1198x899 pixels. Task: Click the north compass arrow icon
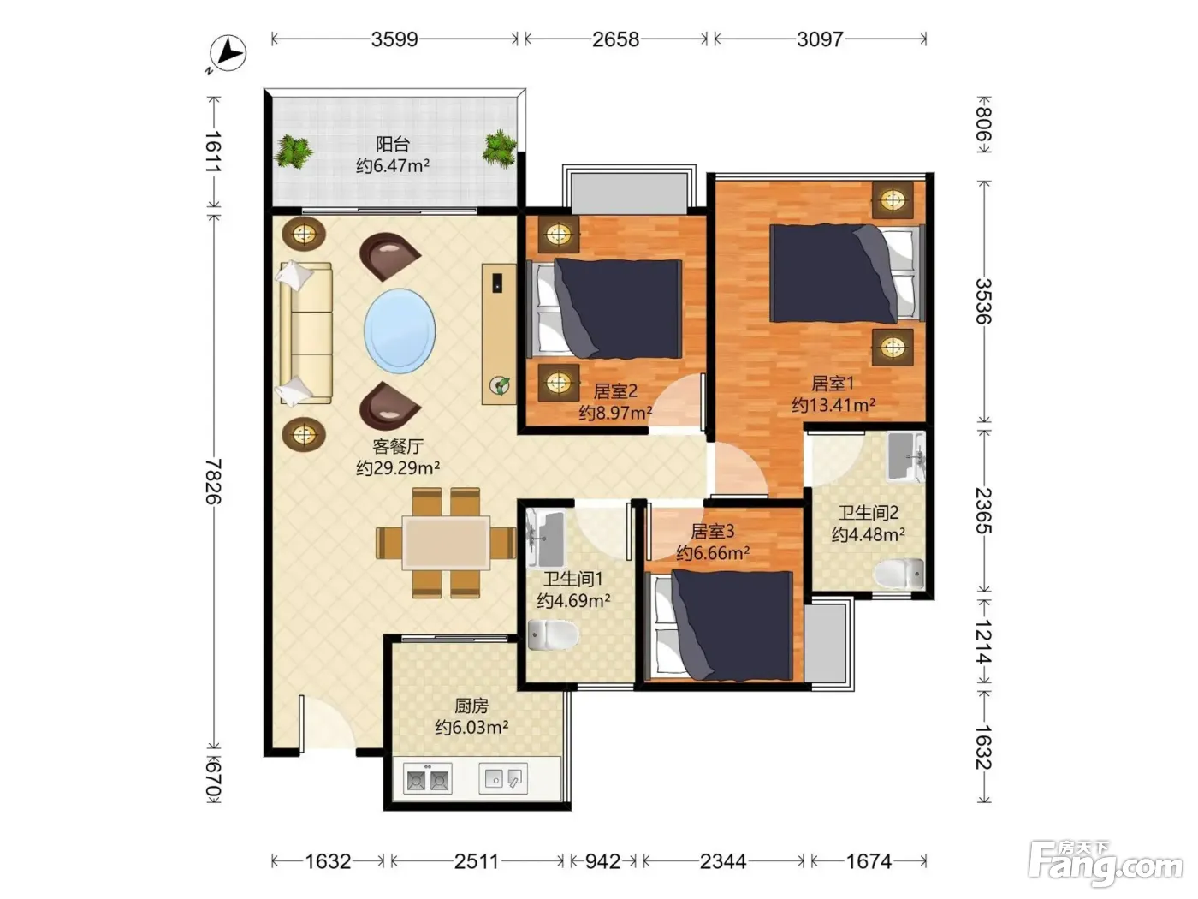pos(228,53)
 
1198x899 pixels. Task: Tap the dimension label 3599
pos(394,39)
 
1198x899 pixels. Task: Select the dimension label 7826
pos(213,481)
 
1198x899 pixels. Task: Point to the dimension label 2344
pos(723,861)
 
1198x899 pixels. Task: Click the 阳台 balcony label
pos(393,144)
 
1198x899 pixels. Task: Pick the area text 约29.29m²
pos(398,467)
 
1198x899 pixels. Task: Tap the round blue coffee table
pos(400,328)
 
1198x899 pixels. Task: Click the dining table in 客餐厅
pos(446,543)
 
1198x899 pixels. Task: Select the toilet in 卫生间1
pos(553,634)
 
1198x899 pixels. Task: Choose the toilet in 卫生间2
pos(898,574)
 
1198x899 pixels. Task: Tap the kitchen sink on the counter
pos(503,777)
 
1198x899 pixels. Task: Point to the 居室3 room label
pos(712,531)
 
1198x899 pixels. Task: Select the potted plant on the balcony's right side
pos(499,147)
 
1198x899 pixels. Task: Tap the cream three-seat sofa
pos(305,334)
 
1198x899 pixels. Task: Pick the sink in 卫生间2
pos(904,456)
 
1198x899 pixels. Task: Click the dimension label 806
pos(983,125)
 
